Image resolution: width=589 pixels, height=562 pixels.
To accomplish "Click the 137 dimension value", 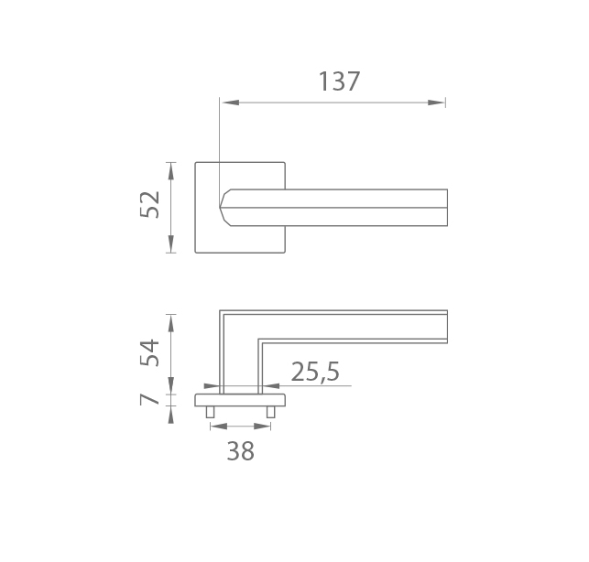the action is point(339,81).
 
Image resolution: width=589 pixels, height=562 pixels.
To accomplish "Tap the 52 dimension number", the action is point(150,205).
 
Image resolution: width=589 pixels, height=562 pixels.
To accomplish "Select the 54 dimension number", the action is point(150,352).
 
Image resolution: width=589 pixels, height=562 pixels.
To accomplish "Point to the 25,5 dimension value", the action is point(315,372).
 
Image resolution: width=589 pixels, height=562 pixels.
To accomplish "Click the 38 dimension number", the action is point(240,451).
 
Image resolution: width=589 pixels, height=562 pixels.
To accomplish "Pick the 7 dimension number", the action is point(150,399).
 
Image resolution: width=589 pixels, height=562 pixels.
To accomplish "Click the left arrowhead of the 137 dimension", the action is point(230,103).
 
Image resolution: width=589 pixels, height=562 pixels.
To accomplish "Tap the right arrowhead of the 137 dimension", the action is point(437,103).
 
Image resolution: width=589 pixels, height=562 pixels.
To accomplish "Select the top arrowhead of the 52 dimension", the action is point(171,171).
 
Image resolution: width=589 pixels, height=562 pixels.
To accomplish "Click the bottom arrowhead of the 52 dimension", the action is point(171,244).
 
